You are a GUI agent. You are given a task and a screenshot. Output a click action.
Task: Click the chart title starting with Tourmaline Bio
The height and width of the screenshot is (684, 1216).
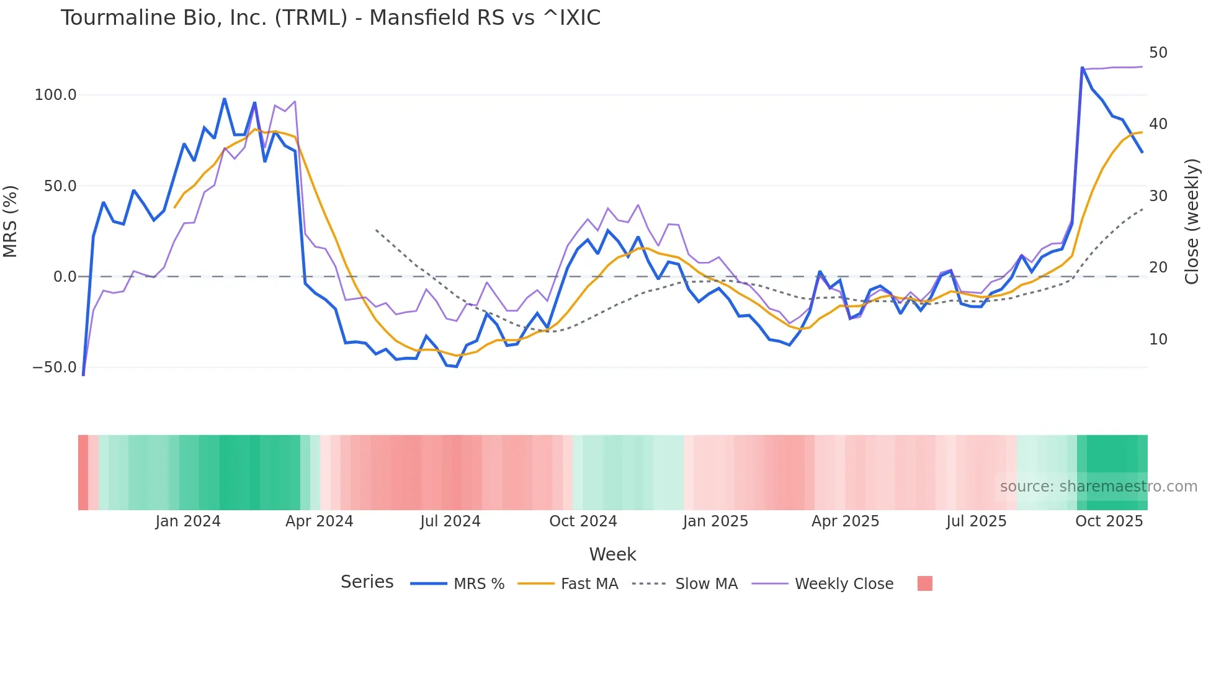click(x=330, y=18)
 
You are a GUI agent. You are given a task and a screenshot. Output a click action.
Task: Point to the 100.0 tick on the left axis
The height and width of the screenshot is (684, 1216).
click(x=55, y=95)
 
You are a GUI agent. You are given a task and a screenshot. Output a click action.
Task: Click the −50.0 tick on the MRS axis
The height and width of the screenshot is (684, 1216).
click(x=54, y=367)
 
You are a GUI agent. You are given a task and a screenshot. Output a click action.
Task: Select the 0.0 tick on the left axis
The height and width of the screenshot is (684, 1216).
click(x=65, y=277)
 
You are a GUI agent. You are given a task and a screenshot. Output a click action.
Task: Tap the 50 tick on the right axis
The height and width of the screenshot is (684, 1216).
click(x=1158, y=53)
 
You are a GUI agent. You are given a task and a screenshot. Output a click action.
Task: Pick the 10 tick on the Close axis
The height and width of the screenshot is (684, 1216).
click(x=1158, y=340)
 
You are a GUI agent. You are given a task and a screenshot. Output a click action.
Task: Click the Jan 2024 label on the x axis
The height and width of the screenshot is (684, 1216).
click(x=187, y=521)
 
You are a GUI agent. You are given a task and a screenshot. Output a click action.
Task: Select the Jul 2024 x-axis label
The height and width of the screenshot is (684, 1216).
click(x=450, y=521)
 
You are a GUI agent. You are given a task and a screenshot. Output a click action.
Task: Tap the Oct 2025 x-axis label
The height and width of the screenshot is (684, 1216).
click(x=1109, y=521)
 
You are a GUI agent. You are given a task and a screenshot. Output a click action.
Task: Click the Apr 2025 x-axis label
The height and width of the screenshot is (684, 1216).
click(x=845, y=521)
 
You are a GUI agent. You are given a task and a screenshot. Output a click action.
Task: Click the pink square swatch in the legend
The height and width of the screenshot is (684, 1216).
click(x=924, y=583)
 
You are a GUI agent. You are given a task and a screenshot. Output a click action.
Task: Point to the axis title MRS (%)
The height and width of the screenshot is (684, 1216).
click(x=11, y=222)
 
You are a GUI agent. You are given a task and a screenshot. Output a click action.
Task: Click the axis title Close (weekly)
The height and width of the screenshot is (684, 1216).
click(x=1191, y=222)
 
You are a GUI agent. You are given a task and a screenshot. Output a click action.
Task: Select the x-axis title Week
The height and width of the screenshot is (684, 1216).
click(x=612, y=554)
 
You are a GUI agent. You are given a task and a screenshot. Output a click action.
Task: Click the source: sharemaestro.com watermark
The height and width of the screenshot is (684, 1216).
click(x=1098, y=487)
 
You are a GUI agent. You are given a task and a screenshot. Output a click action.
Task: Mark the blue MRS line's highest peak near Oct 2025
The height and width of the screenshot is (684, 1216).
click(x=1082, y=68)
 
